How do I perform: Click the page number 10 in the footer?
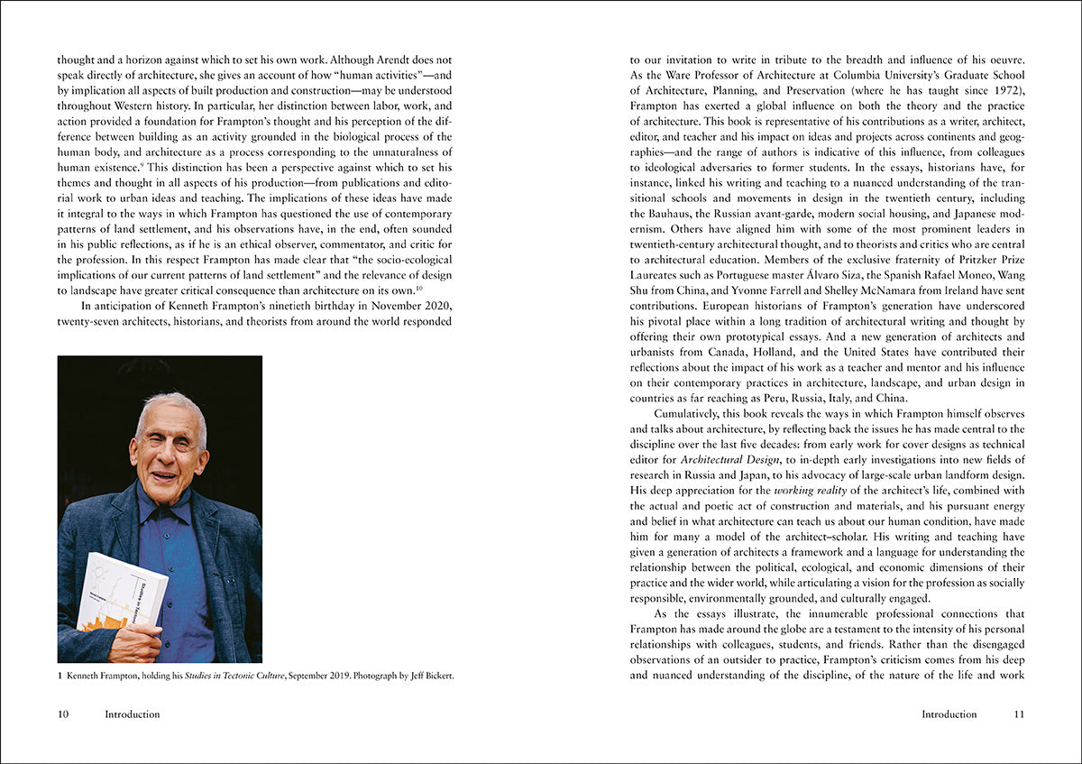point(63,714)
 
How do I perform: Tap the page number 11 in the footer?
point(1019,714)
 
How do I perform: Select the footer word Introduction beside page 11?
point(949,714)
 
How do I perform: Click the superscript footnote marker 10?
point(419,288)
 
